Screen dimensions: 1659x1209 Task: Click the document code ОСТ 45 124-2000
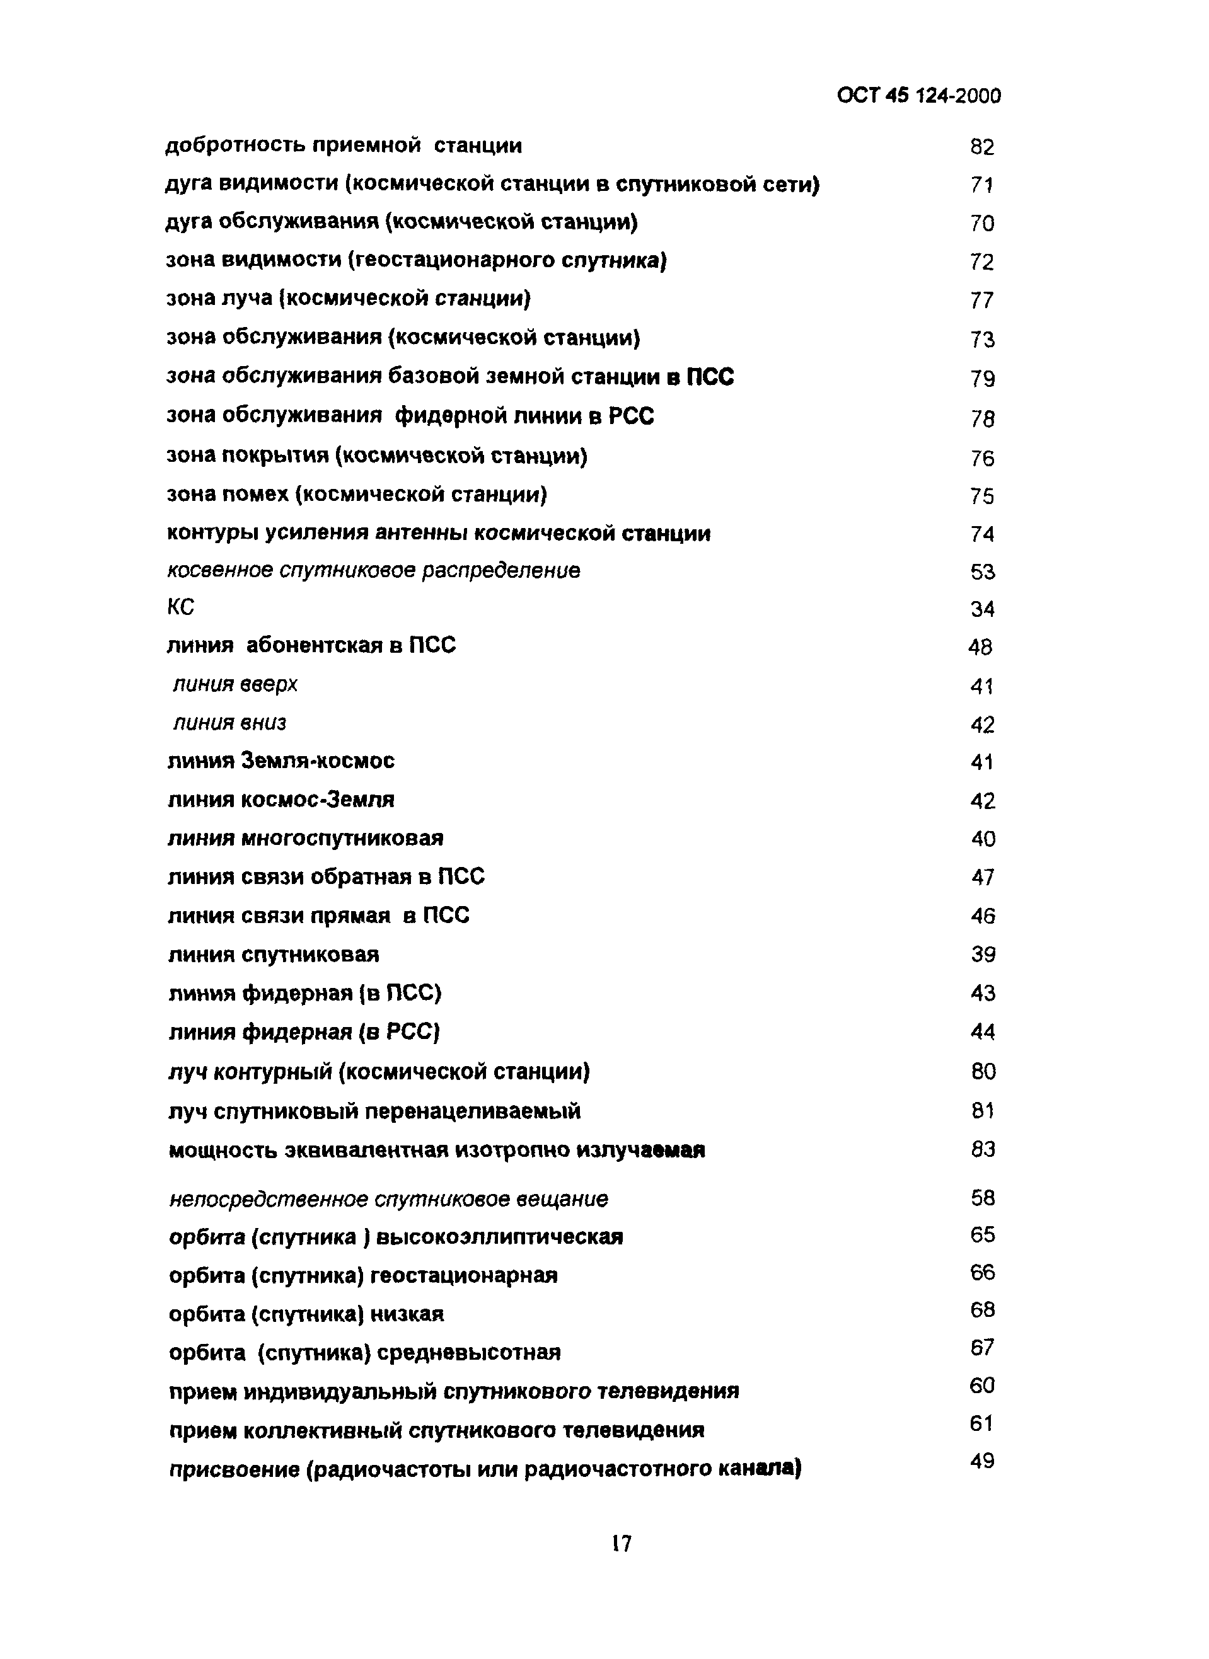tap(918, 96)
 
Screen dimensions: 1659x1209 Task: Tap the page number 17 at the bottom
tap(621, 1544)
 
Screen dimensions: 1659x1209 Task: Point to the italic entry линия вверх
tap(236, 685)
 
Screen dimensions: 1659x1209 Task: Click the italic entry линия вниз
tap(230, 723)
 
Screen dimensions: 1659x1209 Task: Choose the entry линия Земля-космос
tap(281, 761)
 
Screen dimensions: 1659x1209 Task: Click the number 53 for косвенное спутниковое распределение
tap(982, 572)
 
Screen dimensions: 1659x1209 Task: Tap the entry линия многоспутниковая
tap(305, 837)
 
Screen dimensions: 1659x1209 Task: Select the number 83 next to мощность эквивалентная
tap(983, 1149)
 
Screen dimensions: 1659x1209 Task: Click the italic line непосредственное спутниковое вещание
tap(388, 1199)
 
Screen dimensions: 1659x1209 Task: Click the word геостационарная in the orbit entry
tap(464, 1276)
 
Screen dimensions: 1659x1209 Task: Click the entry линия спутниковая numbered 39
tap(273, 955)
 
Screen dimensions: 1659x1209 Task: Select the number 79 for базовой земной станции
tap(982, 379)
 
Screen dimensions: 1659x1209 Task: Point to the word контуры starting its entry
tap(212, 533)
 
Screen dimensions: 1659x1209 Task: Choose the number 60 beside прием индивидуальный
tap(982, 1385)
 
